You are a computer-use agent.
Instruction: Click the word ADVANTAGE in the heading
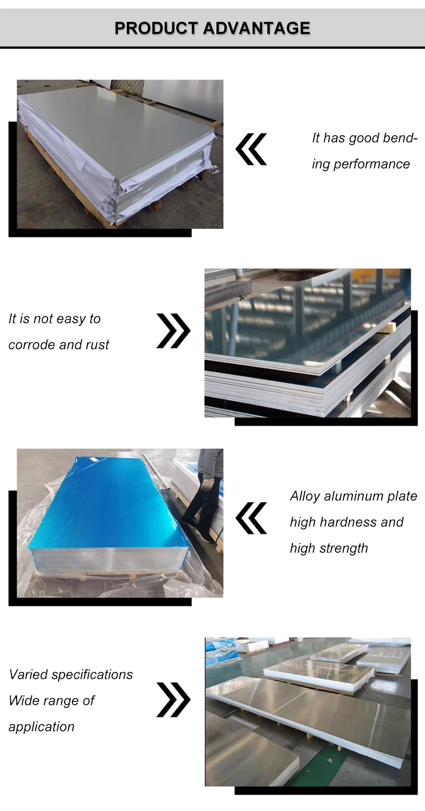click(257, 28)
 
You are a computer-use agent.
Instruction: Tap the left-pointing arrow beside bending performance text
click(251, 149)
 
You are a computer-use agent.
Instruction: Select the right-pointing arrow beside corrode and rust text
click(173, 331)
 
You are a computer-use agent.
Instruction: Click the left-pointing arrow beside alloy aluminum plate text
click(251, 518)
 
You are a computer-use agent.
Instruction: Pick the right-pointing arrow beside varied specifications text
click(173, 700)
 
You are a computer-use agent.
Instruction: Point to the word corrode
click(32, 345)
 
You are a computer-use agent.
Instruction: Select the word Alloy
click(305, 496)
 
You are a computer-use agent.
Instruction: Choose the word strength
click(343, 549)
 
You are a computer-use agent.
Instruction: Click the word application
click(41, 727)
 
